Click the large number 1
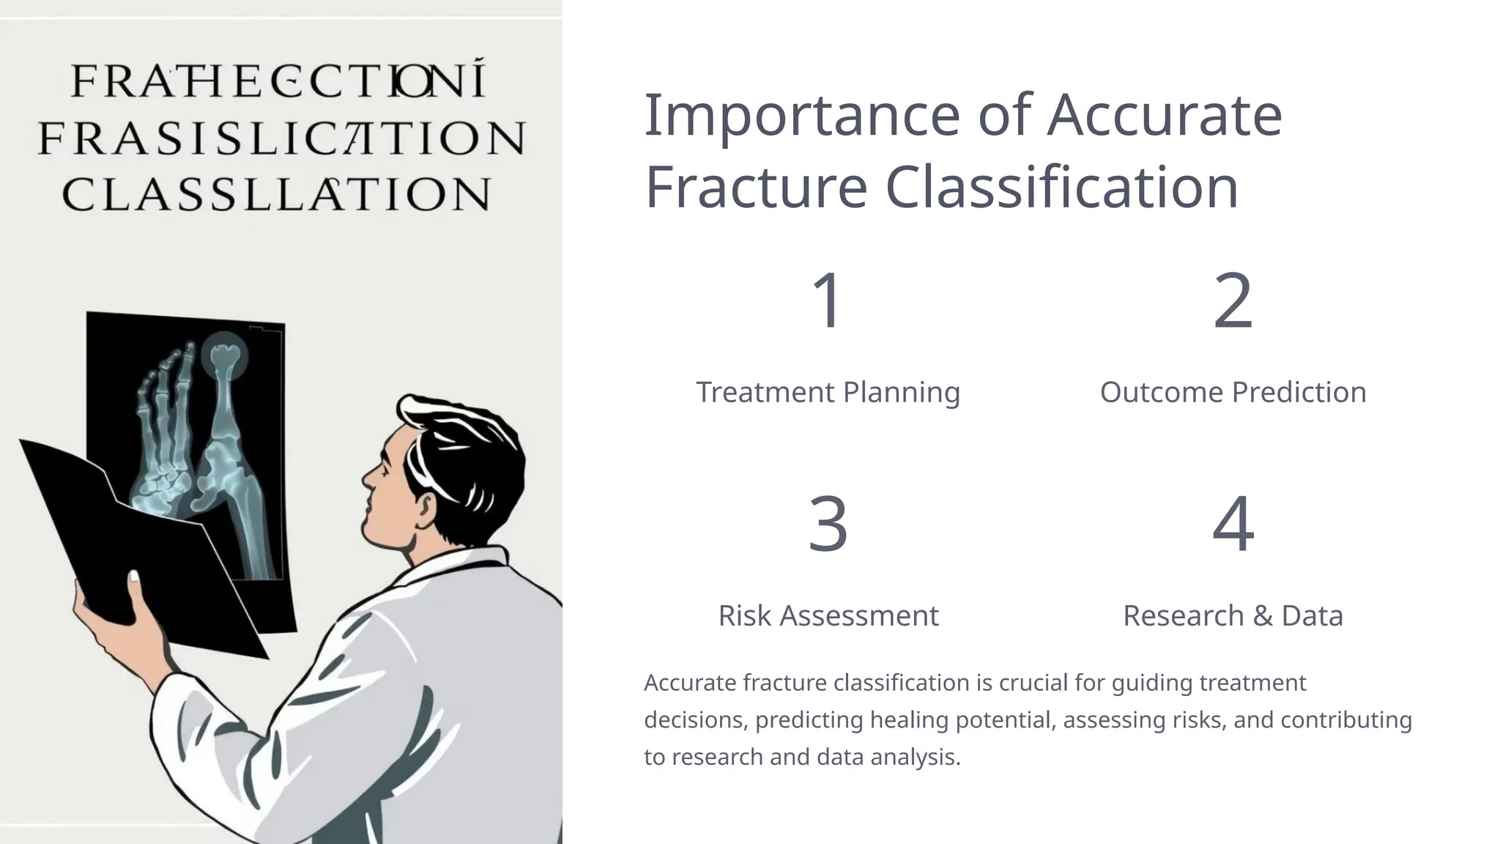click(828, 300)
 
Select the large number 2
click(1233, 300)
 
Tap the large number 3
click(828, 524)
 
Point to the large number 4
click(1233, 524)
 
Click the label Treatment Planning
click(828, 392)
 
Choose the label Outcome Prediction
click(1233, 392)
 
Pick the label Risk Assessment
click(828, 615)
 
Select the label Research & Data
click(1233, 615)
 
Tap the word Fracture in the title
click(756, 187)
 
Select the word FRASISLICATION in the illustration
click(282, 138)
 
